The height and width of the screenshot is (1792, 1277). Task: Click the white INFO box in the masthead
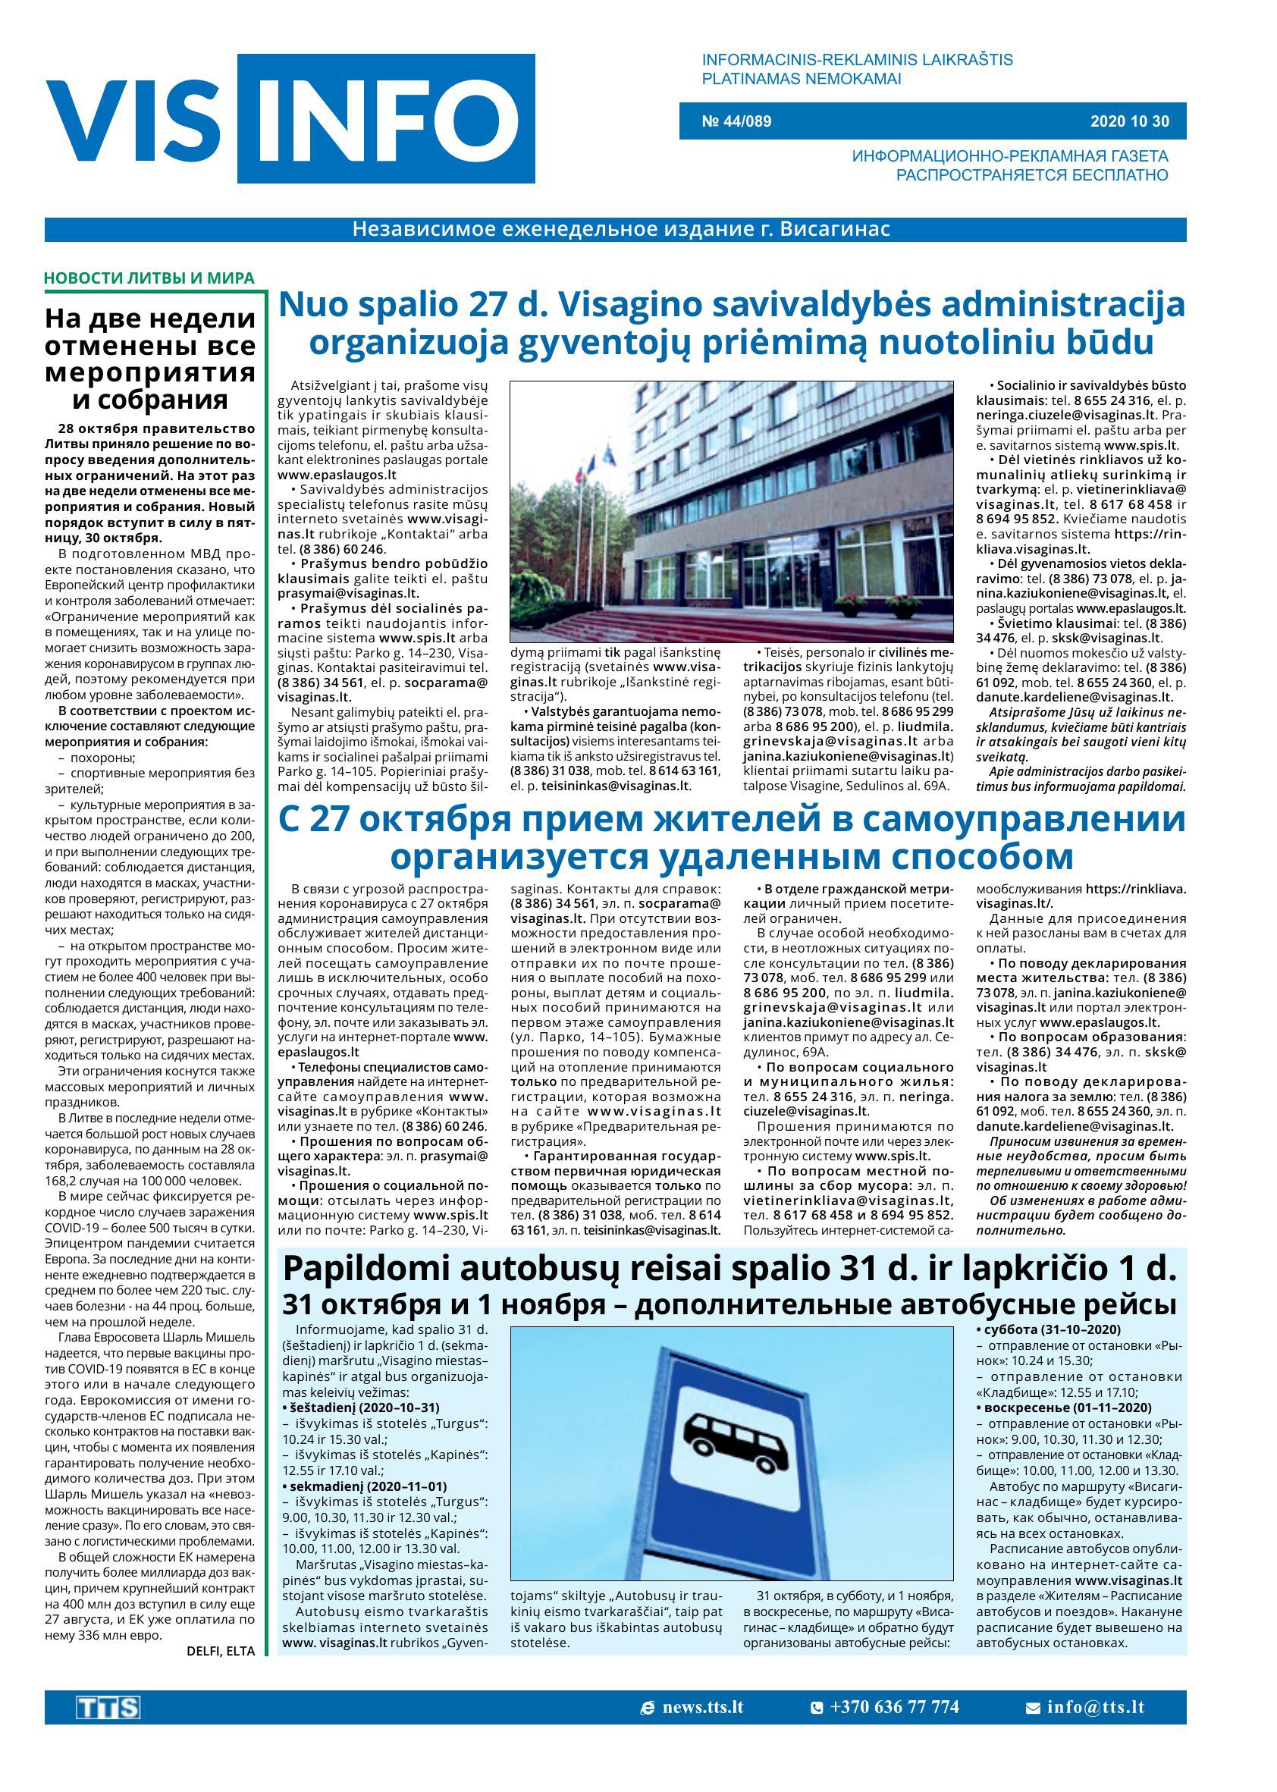tap(385, 118)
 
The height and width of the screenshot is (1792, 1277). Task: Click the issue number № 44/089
tap(736, 121)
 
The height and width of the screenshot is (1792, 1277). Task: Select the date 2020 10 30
tap(1129, 121)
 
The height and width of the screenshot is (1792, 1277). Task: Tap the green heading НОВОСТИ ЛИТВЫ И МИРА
tap(149, 278)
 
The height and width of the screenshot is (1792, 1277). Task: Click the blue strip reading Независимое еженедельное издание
tap(621, 230)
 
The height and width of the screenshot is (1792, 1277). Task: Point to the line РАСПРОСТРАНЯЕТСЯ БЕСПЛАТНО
tap(1031, 174)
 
